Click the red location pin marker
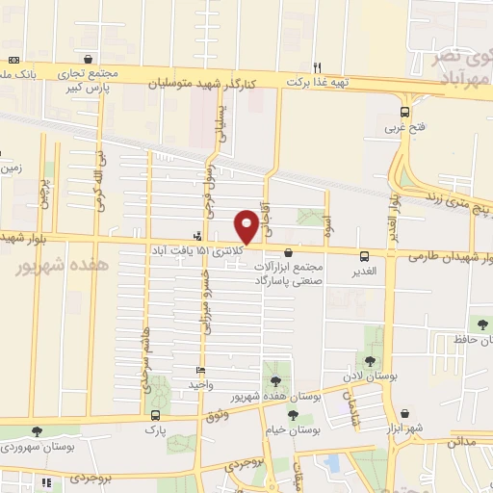(246, 226)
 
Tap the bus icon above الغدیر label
(364, 256)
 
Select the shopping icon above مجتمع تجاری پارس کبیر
(89, 58)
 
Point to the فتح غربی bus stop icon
(404, 111)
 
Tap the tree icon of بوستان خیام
(293, 415)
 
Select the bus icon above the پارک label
(155, 416)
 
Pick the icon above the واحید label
(200, 371)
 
